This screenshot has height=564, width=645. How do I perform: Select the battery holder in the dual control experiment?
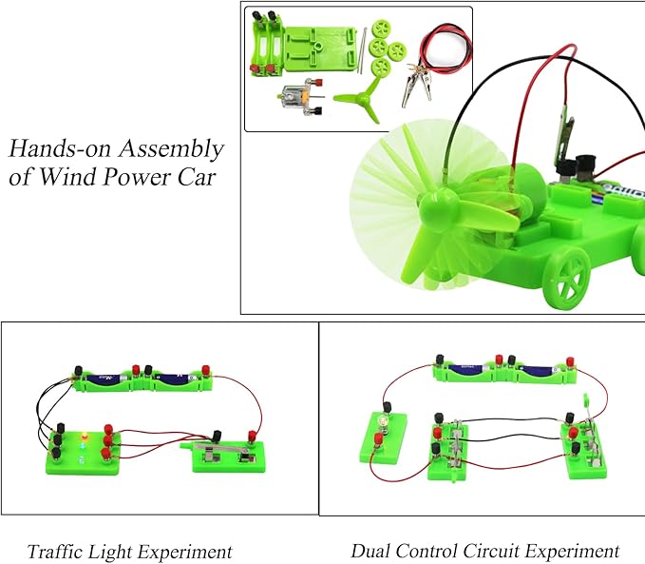(503, 369)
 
